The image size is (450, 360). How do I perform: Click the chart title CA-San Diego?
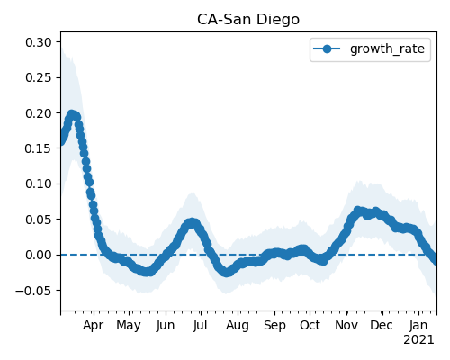[x=248, y=20]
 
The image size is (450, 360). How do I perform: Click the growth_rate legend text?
[x=387, y=49]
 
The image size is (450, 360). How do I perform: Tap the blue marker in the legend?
[x=327, y=49]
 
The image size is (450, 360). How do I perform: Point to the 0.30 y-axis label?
[x=39, y=42]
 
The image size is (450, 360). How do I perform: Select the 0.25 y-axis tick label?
[x=39, y=77]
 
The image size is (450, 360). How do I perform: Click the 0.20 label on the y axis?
[x=39, y=113]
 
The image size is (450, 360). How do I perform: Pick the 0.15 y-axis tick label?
[x=39, y=148]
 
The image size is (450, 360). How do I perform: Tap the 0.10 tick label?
[x=39, y=184]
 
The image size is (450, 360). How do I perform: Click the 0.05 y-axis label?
[x=39, y=220]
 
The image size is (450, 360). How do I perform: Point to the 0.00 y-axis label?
[x=39, y=255]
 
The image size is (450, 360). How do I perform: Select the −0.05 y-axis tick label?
[x=33, y=290]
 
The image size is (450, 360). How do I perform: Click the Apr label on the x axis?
[x=94, y=326]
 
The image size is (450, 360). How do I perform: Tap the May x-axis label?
[x=129, y=326]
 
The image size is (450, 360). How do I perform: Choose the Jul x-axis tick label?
[x=200, y=325]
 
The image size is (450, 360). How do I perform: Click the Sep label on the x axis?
[x=274, y=326]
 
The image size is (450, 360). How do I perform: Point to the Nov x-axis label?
[x=346, y=325]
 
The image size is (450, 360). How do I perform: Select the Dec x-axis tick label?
[x=382, y=325]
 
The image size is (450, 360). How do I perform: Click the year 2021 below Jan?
[x=418, y=340]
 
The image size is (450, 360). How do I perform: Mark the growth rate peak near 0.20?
[x=71, y=115]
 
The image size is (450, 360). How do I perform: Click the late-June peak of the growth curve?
[x=192, y=223]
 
